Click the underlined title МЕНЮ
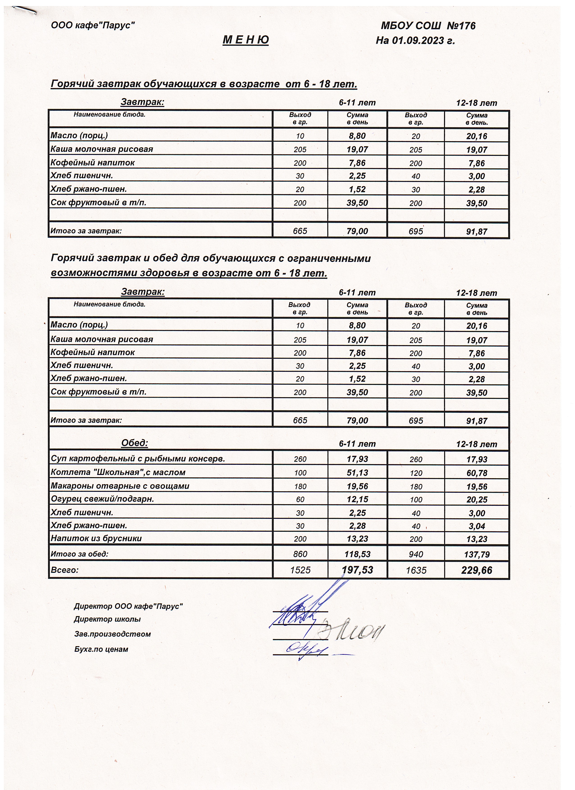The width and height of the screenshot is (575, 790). pos(246,40)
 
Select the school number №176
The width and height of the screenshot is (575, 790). pos(461,26)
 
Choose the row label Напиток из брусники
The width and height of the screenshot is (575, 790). pos(96,538)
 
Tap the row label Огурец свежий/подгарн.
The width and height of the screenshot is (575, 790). pos(103,499)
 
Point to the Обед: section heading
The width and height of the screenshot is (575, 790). pos(135,443)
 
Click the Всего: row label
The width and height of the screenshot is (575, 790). pos(65,570)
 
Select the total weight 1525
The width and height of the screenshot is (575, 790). pos(300,570)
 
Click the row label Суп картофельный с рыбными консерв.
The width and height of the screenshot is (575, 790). pos(138,459)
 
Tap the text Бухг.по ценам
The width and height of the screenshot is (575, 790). pos(101,649)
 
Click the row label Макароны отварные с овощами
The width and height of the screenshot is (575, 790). pos(120,486)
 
